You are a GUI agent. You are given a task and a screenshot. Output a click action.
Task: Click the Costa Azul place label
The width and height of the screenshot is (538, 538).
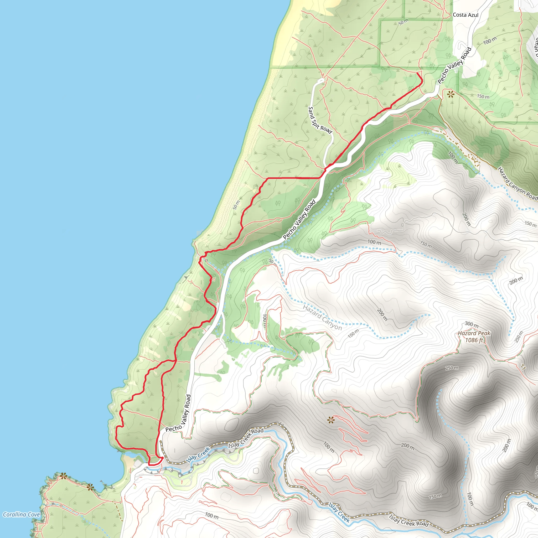coord(465,15)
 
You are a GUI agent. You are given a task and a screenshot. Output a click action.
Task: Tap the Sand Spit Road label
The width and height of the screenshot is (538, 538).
coord(320,120)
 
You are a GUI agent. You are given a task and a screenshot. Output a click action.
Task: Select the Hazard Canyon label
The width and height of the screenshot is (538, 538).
coord(322,317)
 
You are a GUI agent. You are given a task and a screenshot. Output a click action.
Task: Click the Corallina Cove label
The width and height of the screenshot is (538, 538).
coord(22,515)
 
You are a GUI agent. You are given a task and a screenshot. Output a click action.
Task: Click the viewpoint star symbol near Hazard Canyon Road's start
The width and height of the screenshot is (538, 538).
coord(451,95)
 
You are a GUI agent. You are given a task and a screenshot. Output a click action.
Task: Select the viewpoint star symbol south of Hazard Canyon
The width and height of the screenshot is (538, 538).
coord(330,420)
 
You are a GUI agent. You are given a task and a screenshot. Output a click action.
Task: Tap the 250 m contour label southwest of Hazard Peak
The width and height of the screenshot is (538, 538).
coord(452,368)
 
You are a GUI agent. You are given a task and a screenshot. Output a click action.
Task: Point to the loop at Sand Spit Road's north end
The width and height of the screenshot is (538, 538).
coord(321,81)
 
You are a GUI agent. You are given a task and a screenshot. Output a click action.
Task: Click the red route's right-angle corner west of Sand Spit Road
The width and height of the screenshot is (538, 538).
coord(267,178)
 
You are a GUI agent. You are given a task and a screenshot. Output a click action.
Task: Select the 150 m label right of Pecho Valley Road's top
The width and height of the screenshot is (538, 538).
coord(483,97)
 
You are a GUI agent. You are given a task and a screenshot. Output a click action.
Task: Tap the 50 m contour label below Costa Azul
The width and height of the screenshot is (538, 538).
coord(403,22)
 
